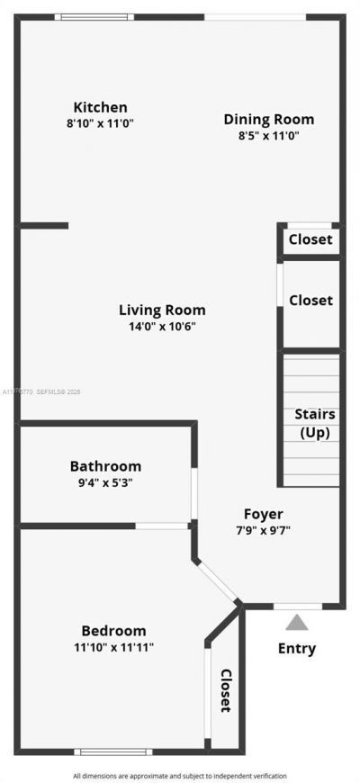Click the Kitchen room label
click(100, 107)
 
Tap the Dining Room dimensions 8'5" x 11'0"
click(268, 136)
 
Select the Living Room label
click(162, 310)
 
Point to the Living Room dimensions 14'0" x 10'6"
click(162, 327)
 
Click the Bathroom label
click(105, 466)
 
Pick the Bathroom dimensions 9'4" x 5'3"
click(105, 482)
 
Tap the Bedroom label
click(113, 631)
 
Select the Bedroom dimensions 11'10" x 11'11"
click(113, 647)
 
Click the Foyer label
click(263, 514)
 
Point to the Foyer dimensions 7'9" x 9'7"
click(263, 530)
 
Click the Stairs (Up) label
click(315, 423)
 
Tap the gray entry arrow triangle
click(297, 621)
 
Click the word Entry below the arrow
click(297, 649)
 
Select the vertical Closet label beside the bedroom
click(226, 690)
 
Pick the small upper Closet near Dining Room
click(310, 239)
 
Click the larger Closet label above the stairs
click(310, 301)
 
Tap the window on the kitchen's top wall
click(94, 17)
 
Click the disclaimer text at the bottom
click(180, 775)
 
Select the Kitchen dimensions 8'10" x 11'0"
click(100, 124)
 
